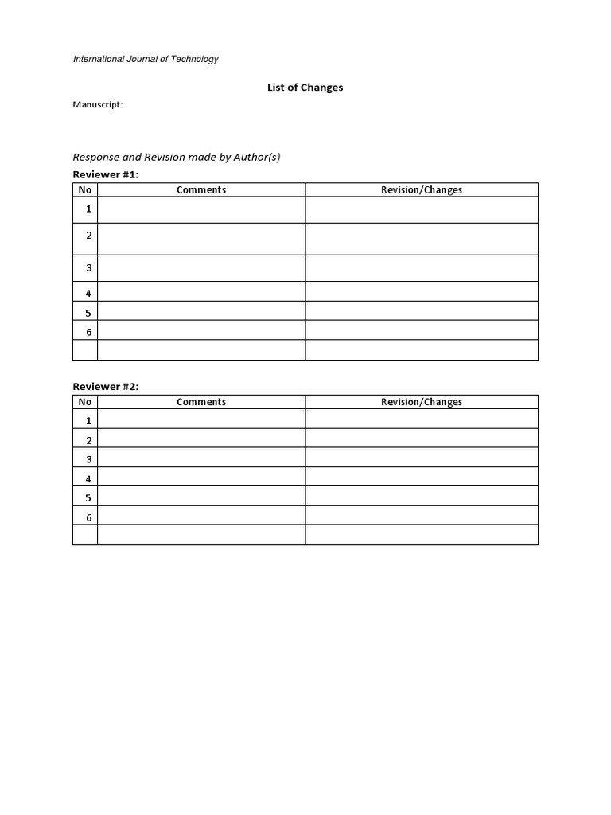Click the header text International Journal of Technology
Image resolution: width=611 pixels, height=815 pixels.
tap(146, 59)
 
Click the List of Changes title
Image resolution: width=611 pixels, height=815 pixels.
tap(305, 88)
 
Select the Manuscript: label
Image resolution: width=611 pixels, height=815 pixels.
tap(98, 104)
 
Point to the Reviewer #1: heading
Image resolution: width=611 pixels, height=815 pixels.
tap(106, 174)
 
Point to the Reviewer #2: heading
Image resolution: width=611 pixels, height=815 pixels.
tap(106, 386)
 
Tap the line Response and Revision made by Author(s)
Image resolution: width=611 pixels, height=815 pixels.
tap(177, 157)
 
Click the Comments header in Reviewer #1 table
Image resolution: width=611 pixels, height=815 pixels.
tap(201, 189)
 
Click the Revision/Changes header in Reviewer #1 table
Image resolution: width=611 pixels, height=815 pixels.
tap(422, 189)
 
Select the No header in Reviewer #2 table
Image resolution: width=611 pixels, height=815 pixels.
tap(85, 402)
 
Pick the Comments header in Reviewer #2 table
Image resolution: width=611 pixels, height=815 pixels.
tap(201, 402)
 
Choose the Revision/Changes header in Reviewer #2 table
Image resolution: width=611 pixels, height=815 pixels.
tap(422, 402)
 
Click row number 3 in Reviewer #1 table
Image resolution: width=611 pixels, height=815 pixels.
tap(89, 268)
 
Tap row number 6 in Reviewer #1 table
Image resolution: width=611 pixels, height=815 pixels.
tap(89, 332)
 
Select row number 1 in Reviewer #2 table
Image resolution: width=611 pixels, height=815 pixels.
tap(89, 420)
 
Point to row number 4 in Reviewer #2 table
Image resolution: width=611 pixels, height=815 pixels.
tap(89, 478)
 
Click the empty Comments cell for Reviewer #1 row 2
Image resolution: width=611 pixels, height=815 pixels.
tap(201, 239)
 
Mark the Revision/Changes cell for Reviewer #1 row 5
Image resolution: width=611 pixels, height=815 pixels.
tap(422, 311)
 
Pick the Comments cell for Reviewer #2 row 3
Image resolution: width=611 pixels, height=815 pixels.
tap(201, 458)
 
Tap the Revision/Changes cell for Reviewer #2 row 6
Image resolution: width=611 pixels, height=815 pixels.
tap(422, 516)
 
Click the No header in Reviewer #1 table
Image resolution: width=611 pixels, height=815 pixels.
tap(85, 189)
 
